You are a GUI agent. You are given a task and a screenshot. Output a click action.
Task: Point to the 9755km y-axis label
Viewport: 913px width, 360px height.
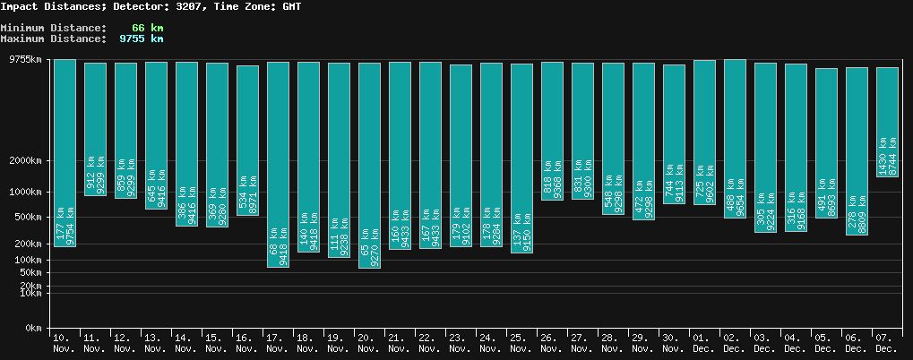(x=24, y=60)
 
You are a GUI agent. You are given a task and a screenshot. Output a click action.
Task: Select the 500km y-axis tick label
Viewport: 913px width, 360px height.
(x=27, y=218)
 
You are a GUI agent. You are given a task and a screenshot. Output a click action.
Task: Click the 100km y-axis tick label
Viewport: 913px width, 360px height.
(x=27, y=260)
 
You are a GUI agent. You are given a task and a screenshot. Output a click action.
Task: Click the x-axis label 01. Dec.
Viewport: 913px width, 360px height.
(x=704, y=342)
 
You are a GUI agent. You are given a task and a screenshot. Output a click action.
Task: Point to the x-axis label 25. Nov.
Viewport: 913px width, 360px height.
(x=521, y=342)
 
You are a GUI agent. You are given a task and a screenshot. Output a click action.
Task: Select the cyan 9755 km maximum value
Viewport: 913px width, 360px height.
(x=141, y=39)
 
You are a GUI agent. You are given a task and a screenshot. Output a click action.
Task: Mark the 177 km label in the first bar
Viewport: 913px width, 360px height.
(x=59, y=224)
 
